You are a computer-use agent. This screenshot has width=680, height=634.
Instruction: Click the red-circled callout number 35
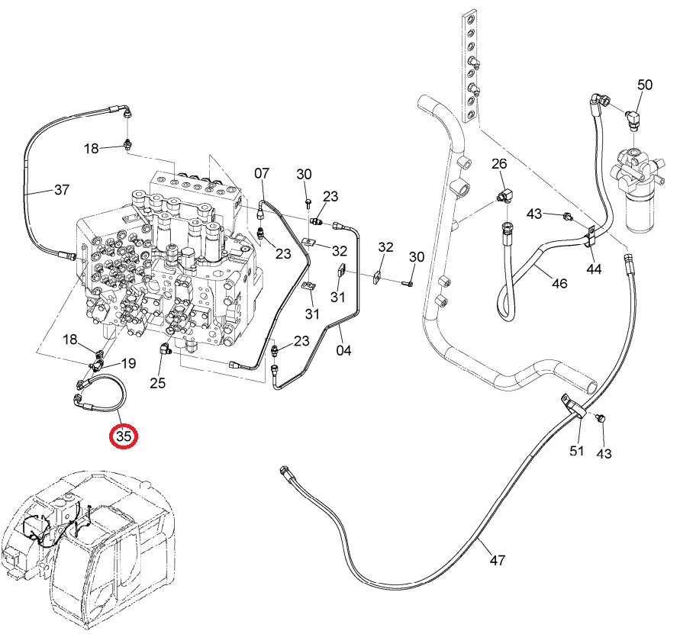pos(124,436)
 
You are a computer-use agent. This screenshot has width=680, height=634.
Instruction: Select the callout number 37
pos(62,189)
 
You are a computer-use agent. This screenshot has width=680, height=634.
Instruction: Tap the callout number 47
pos(498,560)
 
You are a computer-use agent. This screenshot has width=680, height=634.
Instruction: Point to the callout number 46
pos(559,283)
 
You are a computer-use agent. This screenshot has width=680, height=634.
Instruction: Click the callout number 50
pos(645,85)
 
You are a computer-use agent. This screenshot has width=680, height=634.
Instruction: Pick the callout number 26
pos(499,163)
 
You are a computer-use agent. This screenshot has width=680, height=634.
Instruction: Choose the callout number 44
pos(594,269)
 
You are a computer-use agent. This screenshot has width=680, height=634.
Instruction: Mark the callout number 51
pos(576,451)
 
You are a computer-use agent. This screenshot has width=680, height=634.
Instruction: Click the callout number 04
pos(344,350)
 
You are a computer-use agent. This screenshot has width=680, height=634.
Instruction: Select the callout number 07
pos(262,173)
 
